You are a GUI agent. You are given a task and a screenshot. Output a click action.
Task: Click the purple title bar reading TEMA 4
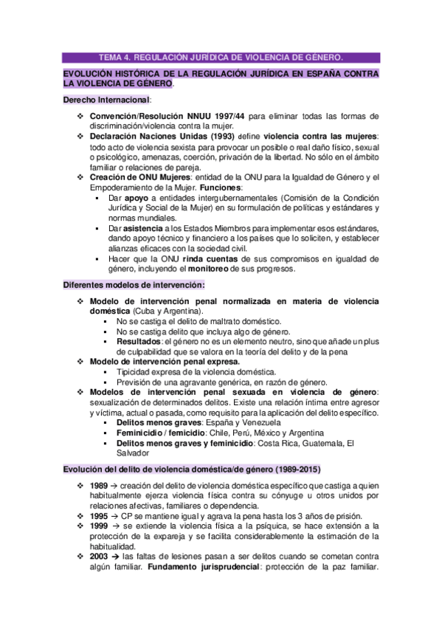point(221,57)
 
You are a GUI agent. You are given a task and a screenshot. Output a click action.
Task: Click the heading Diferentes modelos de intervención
point(134,285)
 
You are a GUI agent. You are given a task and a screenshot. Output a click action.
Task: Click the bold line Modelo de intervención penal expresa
point(165,362)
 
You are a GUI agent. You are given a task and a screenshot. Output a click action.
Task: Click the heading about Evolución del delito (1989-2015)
point(192,469)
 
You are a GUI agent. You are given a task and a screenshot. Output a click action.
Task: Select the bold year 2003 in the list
point(99,555)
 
